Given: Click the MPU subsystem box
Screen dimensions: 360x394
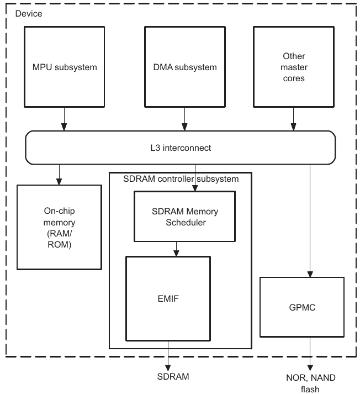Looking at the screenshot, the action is [64, 67].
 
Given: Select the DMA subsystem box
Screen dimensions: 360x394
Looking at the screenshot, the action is [185, 67].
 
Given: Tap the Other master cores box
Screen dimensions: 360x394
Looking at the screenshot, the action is [294, 67].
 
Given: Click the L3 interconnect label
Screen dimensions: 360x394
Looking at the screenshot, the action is [181, 148].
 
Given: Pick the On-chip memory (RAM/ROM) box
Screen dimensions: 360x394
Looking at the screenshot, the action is [59, 228].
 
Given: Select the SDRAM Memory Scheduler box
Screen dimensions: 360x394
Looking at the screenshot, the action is [185, 217].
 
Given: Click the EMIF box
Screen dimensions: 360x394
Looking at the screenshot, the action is [168, 298].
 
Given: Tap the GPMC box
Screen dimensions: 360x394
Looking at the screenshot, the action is [302, 307].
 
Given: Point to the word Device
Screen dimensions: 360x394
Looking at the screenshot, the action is [29, 14].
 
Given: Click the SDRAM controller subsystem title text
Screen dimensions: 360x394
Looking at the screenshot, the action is [181, 179].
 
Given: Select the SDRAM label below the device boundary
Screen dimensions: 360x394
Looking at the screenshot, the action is [173, 376].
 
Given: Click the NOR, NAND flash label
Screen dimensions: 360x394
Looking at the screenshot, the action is [310, 383].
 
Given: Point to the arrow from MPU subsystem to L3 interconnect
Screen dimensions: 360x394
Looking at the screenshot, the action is [64, 119].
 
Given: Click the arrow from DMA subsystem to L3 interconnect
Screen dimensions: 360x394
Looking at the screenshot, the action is [185, 119].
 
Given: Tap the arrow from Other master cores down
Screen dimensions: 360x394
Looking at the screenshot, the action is [294, 119].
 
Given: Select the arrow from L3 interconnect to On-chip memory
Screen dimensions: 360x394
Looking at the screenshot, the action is [59, 175].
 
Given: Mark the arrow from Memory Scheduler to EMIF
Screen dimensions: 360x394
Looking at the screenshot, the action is [176, 249].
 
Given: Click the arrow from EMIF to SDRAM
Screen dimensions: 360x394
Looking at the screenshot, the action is [168, 356].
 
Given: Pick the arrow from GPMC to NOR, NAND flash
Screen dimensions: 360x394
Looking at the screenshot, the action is [310, 354].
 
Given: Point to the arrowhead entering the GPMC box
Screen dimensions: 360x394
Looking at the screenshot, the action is [310, 274].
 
